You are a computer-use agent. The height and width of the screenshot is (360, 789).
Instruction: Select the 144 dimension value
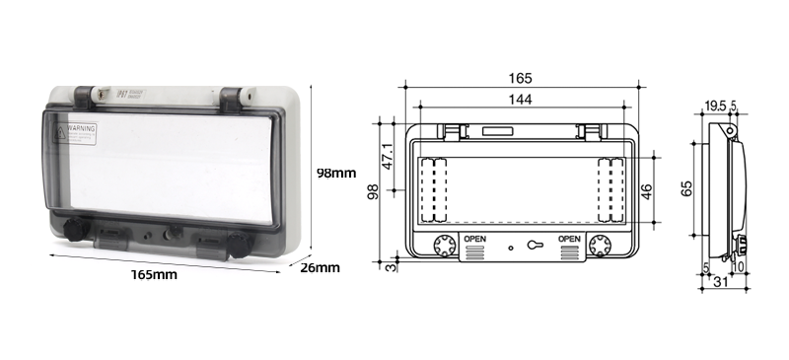[x=522, y=100]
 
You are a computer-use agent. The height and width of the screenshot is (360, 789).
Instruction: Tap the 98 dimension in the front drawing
[x=373, y=191]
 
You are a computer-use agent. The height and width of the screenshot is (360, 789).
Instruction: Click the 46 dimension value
[x=647, y=190]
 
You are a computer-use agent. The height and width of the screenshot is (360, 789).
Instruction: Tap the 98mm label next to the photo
[x=335, y=174]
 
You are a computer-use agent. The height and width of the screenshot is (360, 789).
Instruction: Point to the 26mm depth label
[x=321, y=267]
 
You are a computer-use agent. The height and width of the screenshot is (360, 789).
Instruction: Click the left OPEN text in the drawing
[x=475, y=239]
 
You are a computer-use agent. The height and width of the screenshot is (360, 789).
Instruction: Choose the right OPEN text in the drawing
[x=569, y=239]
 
